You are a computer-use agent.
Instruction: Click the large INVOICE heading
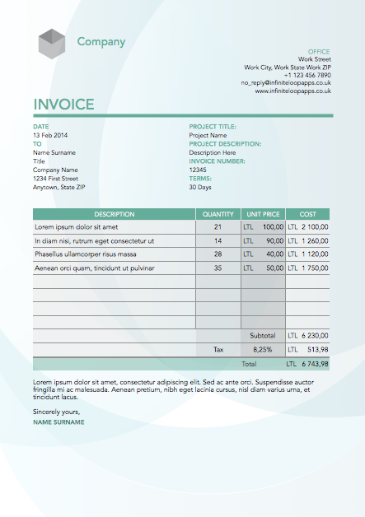tap(63, 105)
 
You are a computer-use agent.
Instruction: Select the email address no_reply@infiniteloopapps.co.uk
tap(286, 83)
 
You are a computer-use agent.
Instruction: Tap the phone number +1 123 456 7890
tap(307, 75)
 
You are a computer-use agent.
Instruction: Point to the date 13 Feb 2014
tap(50, 135)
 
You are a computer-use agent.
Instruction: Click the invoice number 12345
tap(198, 170)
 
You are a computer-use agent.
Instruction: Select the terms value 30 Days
tap(200, 187)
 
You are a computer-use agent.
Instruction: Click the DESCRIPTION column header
tap(114, 214)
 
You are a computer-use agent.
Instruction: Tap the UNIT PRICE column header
tap(264, 214)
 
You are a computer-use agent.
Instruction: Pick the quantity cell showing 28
tap(218, 254)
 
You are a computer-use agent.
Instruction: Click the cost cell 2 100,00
tap(315, 226)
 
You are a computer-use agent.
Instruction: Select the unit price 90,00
tap(274, 240)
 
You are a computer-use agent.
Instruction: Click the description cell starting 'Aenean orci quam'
tap(94, 268)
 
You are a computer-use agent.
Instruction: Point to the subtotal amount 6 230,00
tap(315, 336)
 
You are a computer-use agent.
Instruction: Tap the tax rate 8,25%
tap(263, 349)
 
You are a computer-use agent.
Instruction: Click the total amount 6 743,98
tap(315, 363)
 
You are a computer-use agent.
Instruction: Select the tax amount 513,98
tap(317, 349)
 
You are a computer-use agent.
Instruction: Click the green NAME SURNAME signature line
tap(58, 422)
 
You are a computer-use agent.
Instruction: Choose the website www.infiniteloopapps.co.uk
tap(292, 91)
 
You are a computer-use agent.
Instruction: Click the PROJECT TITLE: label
tap(213, 127)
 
